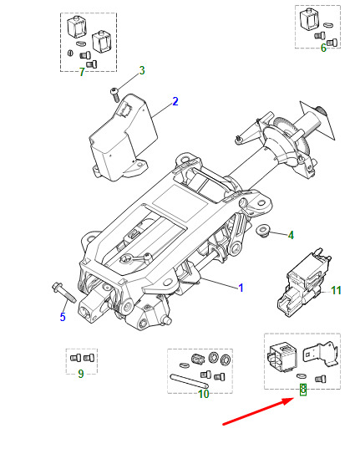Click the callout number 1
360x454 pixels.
[241, 288]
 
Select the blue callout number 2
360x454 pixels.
[175, 101]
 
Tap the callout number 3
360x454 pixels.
[142, 70]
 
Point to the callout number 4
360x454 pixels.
[291, 235]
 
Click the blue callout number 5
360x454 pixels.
[63, 317]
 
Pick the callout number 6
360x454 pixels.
[323, 48]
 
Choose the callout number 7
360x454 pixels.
[82, 72]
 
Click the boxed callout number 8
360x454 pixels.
[303, 390]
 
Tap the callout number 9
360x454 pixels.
[81, 374]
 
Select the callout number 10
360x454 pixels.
[204, 394]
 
